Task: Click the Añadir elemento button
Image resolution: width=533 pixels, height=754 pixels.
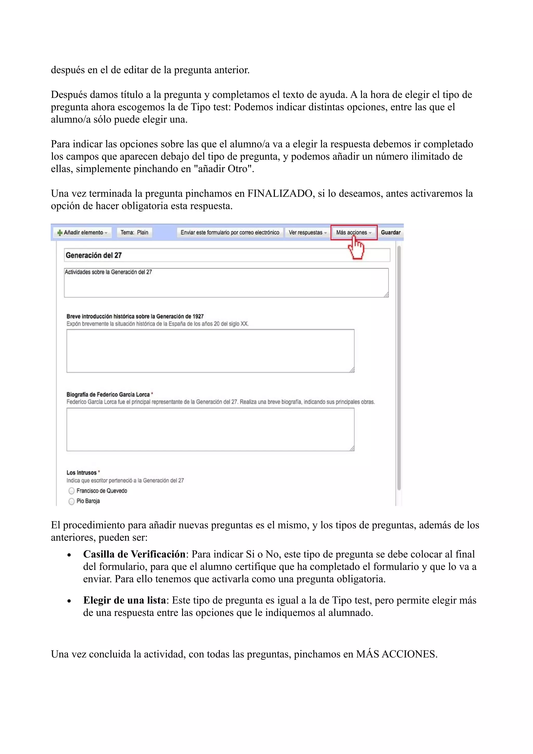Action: [x=83, y=233]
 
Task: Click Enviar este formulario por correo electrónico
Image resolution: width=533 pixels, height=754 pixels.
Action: [x=230, y=233]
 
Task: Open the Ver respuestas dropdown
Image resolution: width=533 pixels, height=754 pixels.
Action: [x=307, y=233]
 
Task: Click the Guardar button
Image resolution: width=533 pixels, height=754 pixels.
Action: [x=390, y=233]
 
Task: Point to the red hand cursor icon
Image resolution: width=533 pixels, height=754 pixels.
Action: [x=356, y=248]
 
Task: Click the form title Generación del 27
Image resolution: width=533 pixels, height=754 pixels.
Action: [x=94, y=255]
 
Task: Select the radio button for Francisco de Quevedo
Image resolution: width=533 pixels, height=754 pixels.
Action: [x=72, y=491]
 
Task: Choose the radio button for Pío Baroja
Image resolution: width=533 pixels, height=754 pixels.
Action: [x=72, y=501]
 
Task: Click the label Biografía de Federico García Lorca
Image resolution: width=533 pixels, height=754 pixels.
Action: [x=108, y=394]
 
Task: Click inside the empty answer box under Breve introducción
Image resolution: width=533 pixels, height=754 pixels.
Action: [x=210, y=351]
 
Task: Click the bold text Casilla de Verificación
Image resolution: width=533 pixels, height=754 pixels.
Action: [x=134, y=554]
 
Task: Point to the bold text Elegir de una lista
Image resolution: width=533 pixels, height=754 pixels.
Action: [x=124, y=600]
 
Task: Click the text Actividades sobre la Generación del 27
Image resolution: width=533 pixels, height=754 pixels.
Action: [x=108, y=272]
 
